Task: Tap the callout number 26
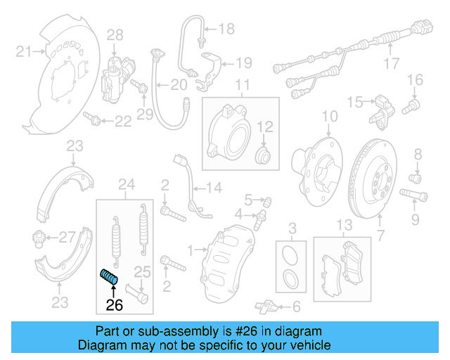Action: click(114, 305)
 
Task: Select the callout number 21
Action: click(25, 51)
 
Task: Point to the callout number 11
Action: click(242, 86)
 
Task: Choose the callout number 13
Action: click(343, 225)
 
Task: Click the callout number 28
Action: click(115, 34)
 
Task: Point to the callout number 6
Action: click(295, 306)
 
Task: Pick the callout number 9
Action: click(416, 220)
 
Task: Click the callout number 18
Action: click(226, 29)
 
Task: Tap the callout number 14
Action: click(214, 188)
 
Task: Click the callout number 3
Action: click(292, 226)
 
